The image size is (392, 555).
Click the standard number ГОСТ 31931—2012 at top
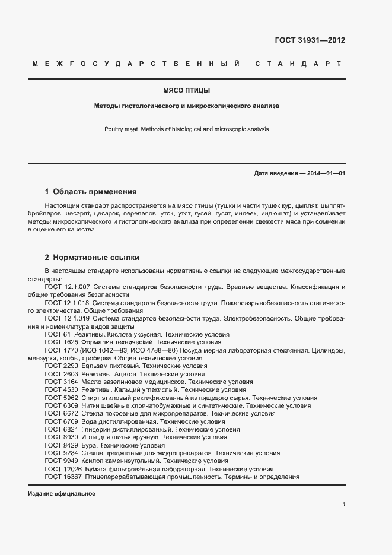click(x=310, y=40)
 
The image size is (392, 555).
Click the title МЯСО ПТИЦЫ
click(x=187, y=91)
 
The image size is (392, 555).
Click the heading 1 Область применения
click(x=91, y=192)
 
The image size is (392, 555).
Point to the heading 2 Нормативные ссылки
click(x=92, y=258)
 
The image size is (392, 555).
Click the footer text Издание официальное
click(x=61, y=494)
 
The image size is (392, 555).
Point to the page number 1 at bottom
click(x=343, y=505)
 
